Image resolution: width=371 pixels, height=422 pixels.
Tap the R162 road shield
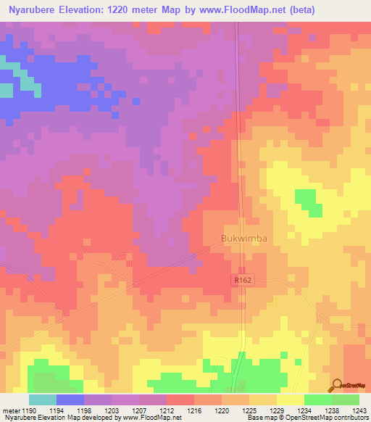[x=241, y=279]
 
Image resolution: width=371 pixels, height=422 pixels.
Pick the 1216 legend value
[x=194, y=410]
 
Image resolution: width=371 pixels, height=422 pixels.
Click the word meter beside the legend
[x=11, y=410]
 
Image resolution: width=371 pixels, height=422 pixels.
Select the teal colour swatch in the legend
[x=43, y=400]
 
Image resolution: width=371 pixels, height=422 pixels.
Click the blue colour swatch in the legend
[x=70, y=400]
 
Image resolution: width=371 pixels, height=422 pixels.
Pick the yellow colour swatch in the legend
[x=291, y=400]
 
